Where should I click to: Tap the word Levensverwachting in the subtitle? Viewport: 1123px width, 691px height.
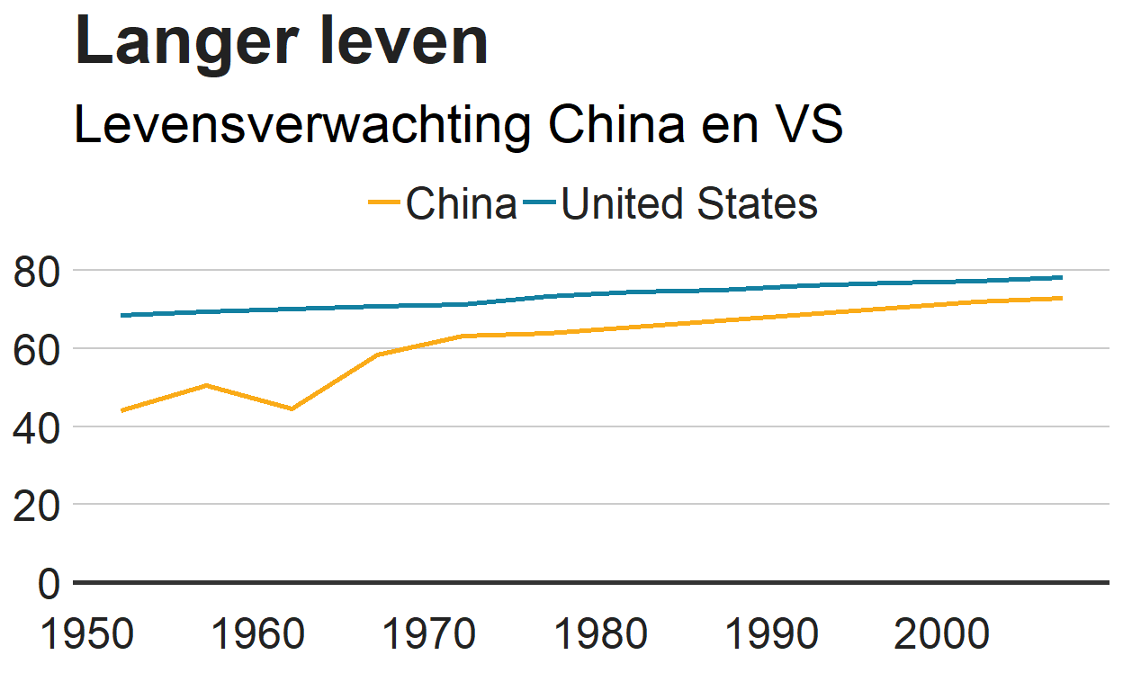coord(302,125)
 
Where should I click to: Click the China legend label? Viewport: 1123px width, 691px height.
coord(461,204)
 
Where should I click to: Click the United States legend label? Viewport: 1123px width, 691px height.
coord(689,204)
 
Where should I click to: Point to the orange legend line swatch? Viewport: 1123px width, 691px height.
coord(384,204)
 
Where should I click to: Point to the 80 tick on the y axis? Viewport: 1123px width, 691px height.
coord(38,272)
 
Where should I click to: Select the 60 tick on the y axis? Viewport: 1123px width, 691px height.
coord(38,349)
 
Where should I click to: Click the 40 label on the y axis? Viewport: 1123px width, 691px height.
coord(38,427)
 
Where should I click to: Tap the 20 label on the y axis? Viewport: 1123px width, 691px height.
coord(38,506)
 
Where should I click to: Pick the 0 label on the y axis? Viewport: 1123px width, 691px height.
coord(49,584)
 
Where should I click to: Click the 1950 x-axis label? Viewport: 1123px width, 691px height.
coord(87,635)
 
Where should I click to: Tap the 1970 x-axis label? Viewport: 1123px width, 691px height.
coord(429,635)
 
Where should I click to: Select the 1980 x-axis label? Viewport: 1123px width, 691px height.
coord(600,635)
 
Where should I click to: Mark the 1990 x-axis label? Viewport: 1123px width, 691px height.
coord(771,635)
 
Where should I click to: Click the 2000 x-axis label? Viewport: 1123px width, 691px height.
coord(942,635)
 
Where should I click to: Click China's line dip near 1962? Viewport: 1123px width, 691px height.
coord(292,408)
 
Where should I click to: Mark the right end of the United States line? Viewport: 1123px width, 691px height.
coord(1062,277)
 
